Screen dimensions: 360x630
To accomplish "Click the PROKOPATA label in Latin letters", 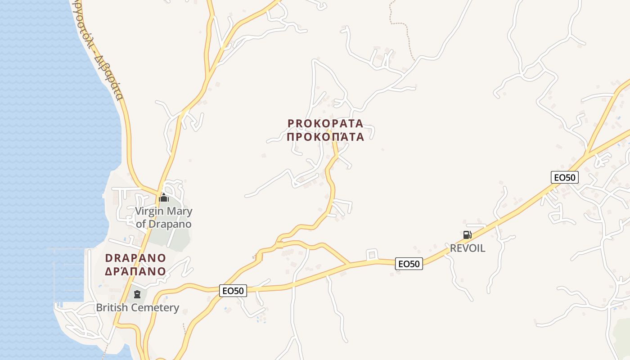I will [325, 123].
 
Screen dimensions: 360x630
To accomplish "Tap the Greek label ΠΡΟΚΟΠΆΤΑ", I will [325, 136].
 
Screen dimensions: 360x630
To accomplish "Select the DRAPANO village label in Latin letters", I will [135, 258].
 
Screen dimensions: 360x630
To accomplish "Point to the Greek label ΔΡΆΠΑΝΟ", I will [135, 271].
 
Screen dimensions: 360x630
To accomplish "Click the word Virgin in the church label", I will [149, 211].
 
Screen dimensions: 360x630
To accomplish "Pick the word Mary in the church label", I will [180, 211].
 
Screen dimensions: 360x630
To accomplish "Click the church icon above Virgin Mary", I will [164, 198].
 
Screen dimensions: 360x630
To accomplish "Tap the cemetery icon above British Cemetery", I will [137, 294].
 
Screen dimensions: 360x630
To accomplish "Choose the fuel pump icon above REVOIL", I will [467, 234].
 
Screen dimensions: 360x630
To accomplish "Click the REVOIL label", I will [468, 248].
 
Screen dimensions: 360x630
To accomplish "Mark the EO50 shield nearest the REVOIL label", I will [409, 264].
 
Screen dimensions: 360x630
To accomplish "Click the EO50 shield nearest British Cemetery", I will [233, 291].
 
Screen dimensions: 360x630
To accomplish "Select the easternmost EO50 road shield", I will [564, 177].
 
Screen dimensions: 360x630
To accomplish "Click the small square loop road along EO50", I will [372, 255].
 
